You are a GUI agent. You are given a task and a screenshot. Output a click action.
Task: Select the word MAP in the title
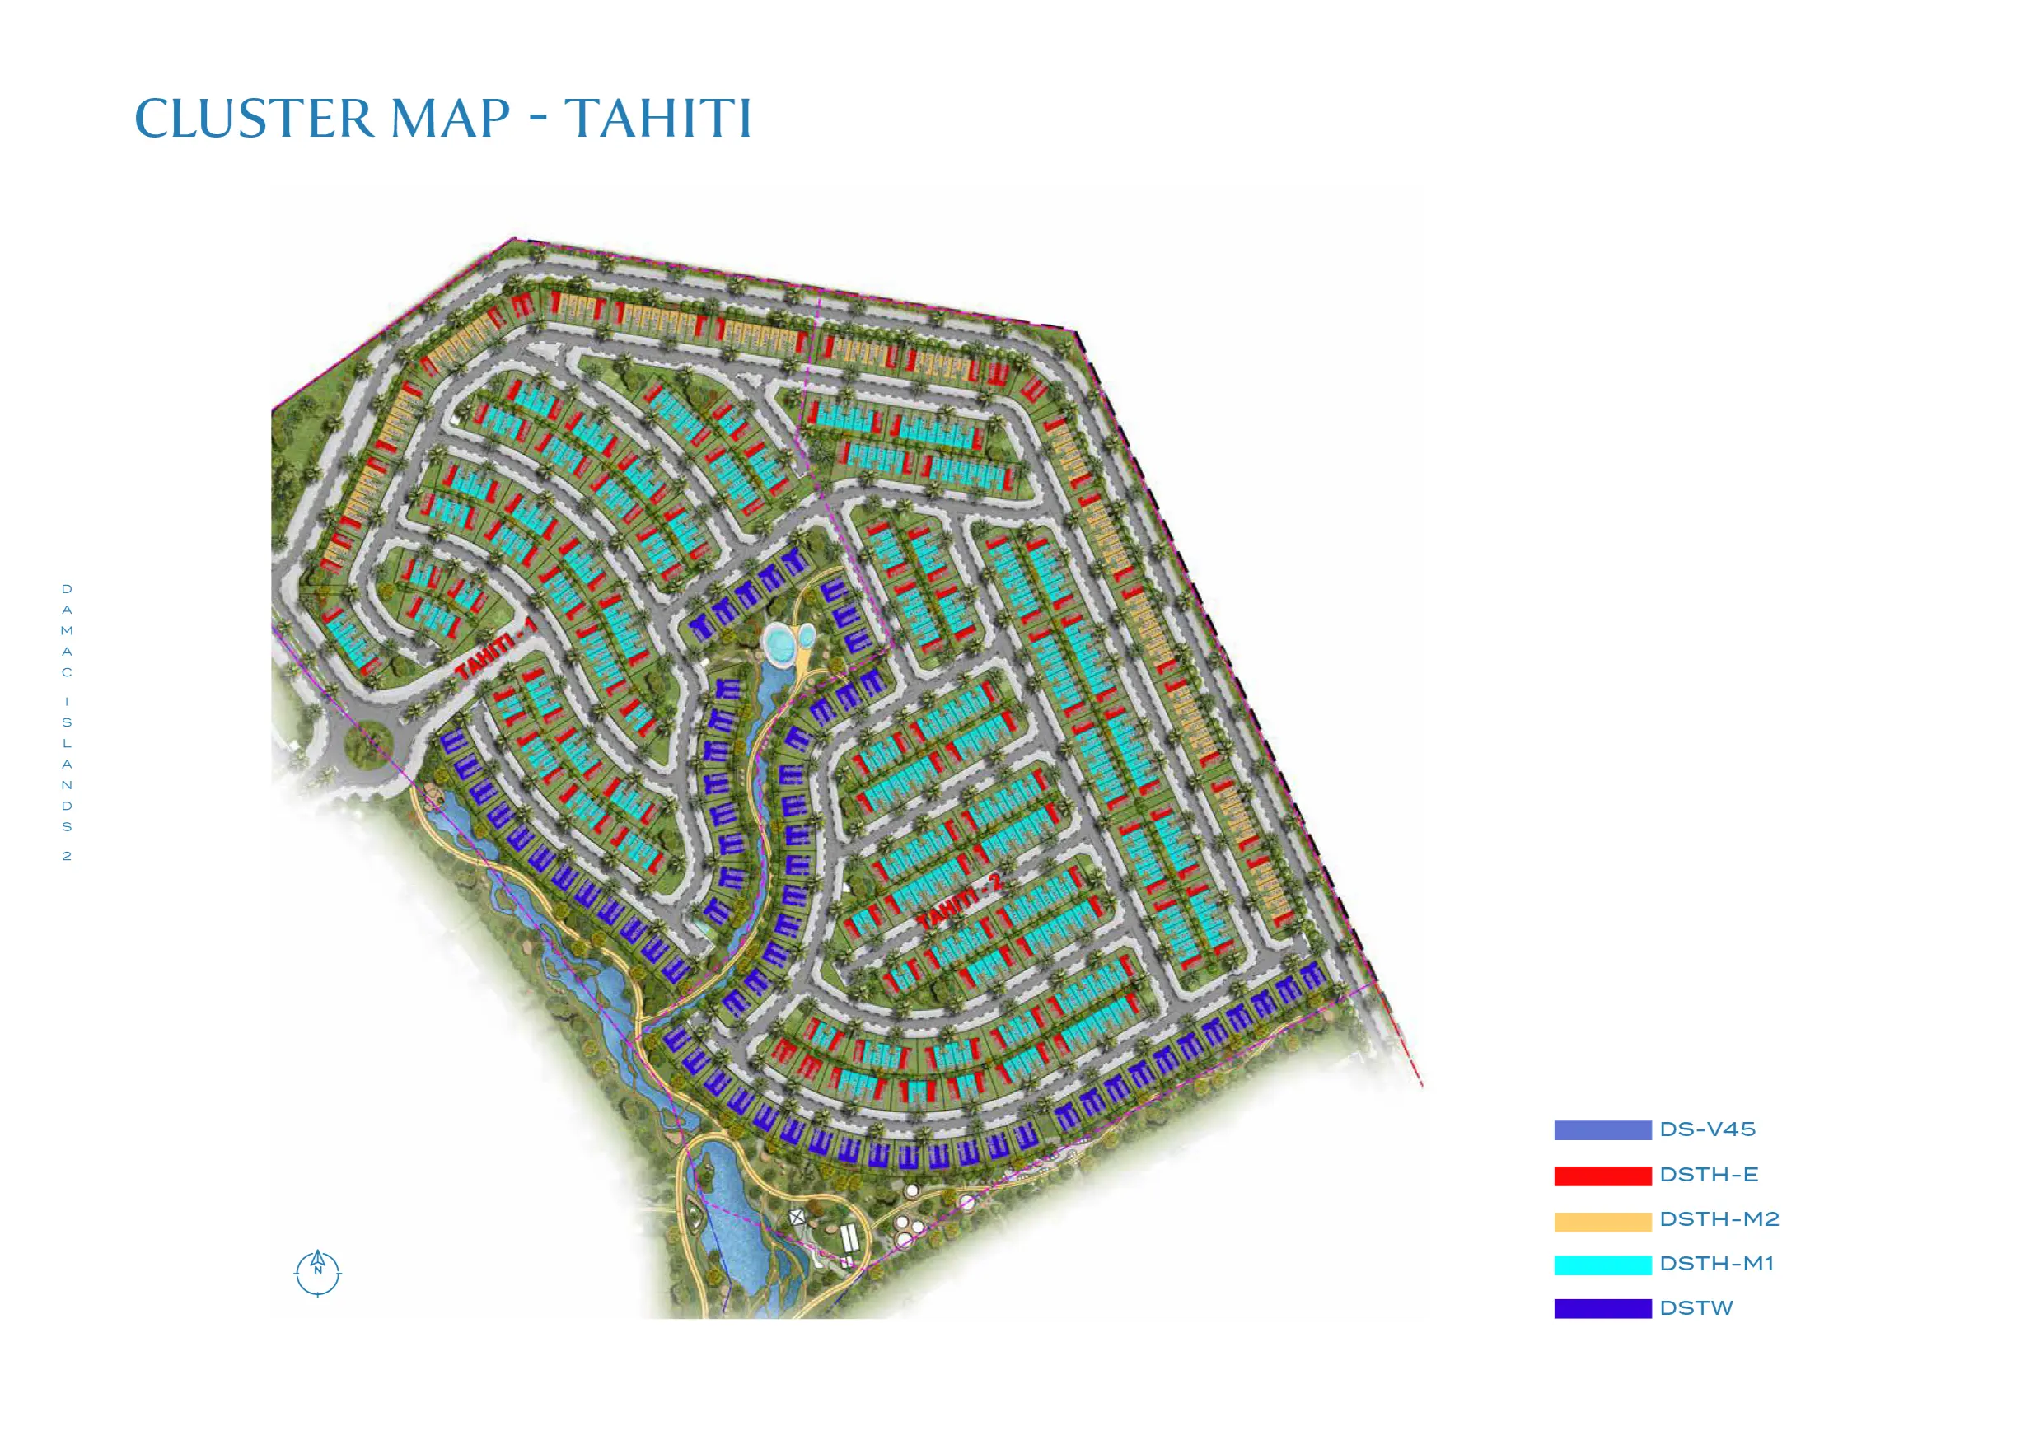451,119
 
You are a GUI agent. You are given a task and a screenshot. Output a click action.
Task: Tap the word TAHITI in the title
659,119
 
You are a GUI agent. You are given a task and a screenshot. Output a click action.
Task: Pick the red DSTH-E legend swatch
1602,1176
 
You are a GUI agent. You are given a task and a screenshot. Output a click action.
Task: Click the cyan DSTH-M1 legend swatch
1602,1265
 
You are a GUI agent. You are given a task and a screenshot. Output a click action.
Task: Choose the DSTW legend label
1696,1309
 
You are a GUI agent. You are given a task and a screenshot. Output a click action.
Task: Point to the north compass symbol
318,1273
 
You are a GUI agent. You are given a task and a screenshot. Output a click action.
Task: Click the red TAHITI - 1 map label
497,650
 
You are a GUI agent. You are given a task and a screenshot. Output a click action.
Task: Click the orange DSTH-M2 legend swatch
1602,1221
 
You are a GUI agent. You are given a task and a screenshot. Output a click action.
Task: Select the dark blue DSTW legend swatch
1602,1309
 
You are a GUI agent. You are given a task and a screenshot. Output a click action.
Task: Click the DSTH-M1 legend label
1716,1265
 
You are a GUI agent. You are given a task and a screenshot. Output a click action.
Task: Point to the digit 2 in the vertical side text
67,857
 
